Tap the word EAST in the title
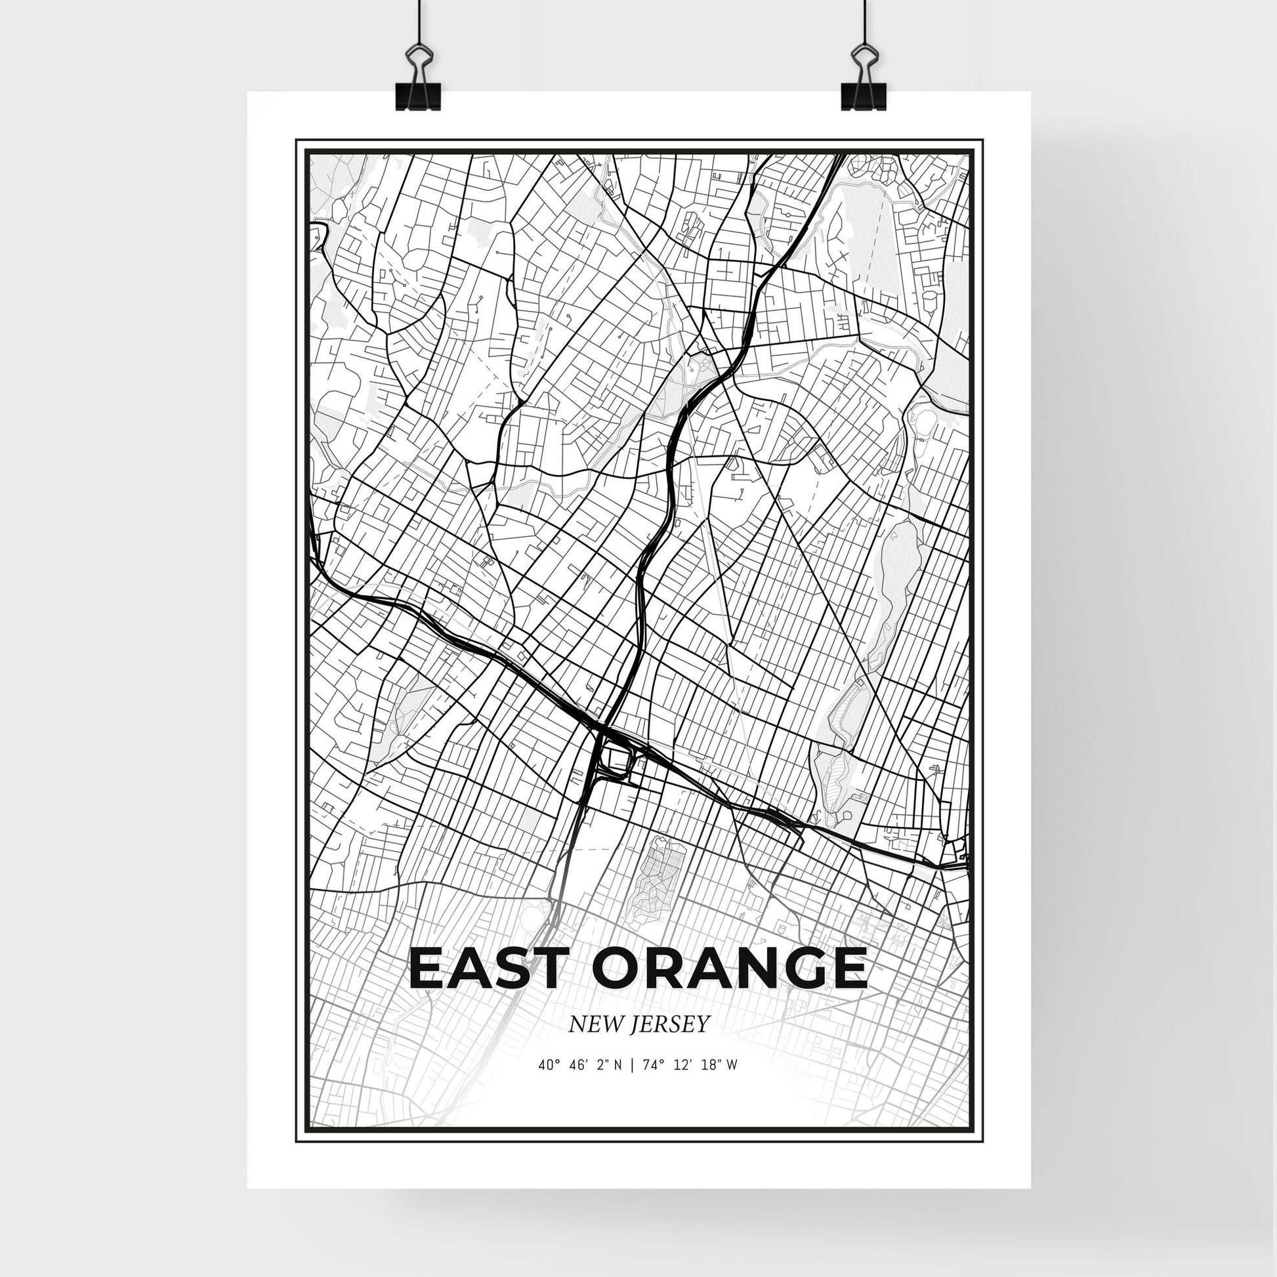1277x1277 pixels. pyautogui.click(x=490, y=969)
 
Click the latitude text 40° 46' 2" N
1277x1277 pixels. pyautogui.click(x=579, y=1084)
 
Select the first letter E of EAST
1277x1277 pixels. pyautogui.click(x=427, y=969)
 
